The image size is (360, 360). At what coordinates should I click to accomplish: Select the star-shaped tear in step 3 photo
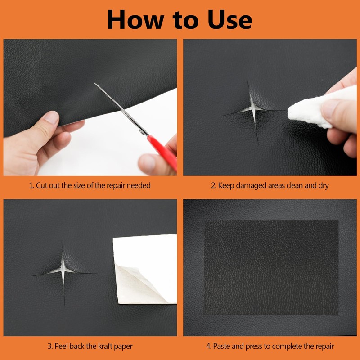63,271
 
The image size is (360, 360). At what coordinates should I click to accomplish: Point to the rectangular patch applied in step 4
271,268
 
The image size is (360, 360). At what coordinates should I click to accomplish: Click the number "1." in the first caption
31,185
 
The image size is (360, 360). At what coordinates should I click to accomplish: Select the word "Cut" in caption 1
43,185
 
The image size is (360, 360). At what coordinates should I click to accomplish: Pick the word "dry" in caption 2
323,185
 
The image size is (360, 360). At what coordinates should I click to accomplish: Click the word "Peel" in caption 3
62,346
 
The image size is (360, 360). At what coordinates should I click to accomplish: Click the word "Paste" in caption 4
223,346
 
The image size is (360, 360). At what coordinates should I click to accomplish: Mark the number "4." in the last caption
208,346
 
